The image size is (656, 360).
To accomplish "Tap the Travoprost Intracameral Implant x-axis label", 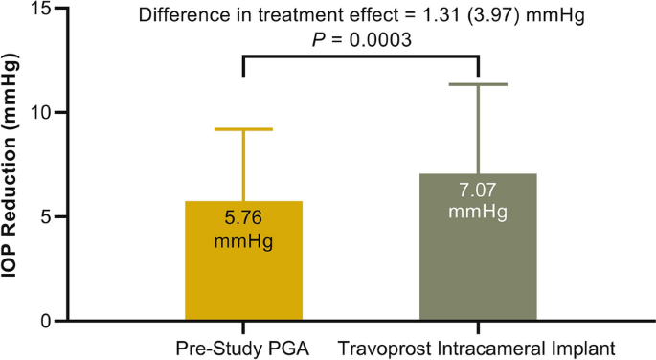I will point(476,346).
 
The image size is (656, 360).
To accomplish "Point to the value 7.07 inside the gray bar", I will point(477,190).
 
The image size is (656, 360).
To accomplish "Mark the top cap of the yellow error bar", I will point(243,128).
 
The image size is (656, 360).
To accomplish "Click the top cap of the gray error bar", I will point(477,84).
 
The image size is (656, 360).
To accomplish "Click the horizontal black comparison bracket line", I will point(360,57).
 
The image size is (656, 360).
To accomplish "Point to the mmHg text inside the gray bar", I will point(477,209).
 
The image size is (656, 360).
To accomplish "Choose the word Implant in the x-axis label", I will point(587,346).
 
